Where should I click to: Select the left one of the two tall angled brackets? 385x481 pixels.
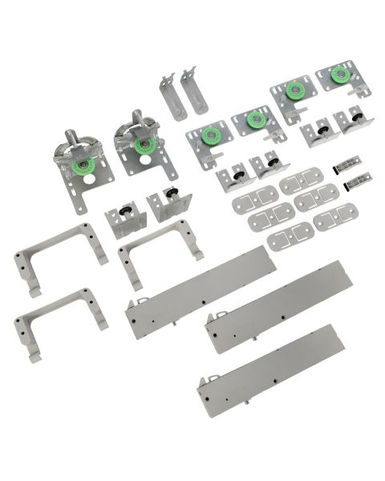coord(170,96)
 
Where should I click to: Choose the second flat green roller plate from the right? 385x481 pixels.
coord(294,91)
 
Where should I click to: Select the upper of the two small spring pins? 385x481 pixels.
coord(346,164)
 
